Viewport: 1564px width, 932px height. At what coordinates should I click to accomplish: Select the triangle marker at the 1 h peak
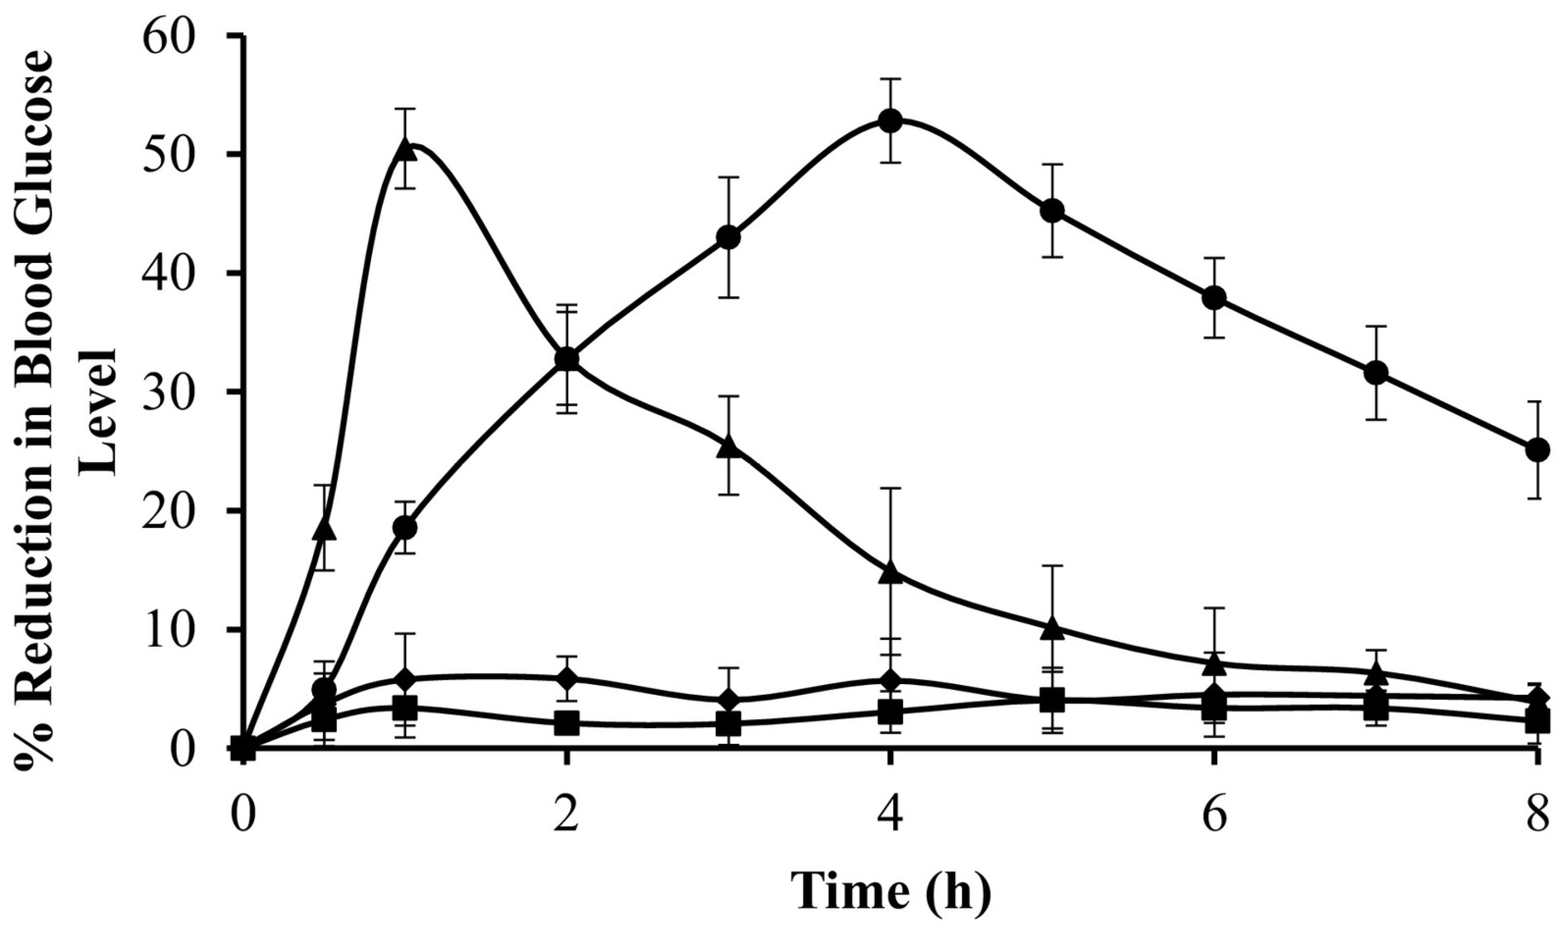(406, 151)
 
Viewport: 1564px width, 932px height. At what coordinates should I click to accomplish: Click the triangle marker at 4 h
(890, 574)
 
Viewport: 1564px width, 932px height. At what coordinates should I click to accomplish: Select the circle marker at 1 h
(406, 528)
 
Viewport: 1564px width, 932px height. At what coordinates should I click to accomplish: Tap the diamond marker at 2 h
(567, 679)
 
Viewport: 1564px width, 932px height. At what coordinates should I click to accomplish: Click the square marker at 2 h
(567, 723)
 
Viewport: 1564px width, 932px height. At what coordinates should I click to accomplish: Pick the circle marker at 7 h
(1375, 373)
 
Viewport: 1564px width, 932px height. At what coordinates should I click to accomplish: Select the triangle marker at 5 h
(1052, 629)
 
